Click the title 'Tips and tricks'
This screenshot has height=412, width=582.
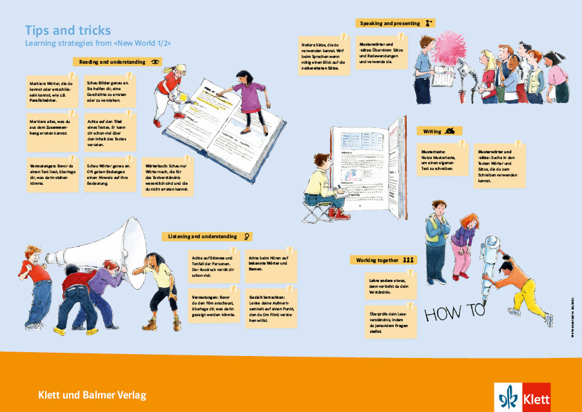pos(68,30)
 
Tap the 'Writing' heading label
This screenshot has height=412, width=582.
pos(432,131)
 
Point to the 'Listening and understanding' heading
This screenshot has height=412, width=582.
pos(202,236)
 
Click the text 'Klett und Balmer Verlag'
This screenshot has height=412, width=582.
pos(92,394)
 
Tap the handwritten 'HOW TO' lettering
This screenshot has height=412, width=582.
pos(454,313)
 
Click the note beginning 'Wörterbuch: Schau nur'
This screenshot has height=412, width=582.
pos(166,176)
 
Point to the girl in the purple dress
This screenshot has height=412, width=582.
pos(246,97)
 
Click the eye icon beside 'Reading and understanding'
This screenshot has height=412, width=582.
pos(155,62)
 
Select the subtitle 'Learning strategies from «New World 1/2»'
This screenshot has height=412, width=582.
pos(98,44)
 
